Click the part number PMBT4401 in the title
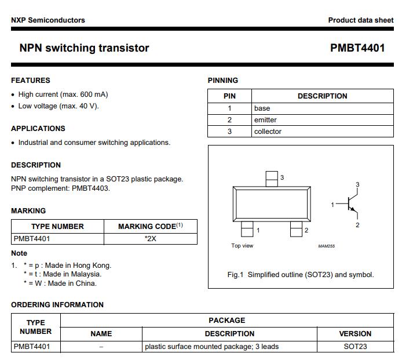click(357, 48)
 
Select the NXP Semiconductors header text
click(48, 20)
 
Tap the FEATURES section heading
click(31, 81)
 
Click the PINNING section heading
click(223, 81)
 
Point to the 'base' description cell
click(262, 108)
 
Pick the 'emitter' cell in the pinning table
click(265, 120)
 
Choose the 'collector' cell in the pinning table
click(268, 132)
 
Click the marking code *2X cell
click(151, 238)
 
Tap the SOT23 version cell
click(355, 347)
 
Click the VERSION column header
click(355, 334)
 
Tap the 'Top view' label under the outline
click(242, 246)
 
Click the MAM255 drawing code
click(326, 246)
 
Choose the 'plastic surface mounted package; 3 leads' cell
click(212, 347)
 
